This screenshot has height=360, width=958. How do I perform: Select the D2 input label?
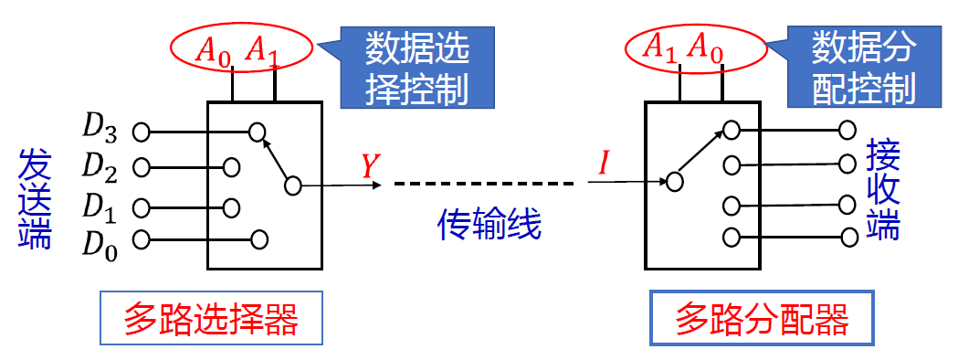coord(100,167)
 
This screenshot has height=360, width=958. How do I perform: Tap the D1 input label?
coord(100,206)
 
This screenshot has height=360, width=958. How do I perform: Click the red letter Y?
coord(369,165)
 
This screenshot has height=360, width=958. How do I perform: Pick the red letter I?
coord(603,164)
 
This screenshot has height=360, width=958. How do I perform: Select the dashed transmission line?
coord(483,185)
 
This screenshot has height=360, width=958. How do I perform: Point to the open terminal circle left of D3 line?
coord(141,132)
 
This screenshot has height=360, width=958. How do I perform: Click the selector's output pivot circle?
coord(292,185)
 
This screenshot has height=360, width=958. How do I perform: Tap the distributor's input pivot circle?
coord(673,181)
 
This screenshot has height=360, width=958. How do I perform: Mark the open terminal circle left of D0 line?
coord(141,240)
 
